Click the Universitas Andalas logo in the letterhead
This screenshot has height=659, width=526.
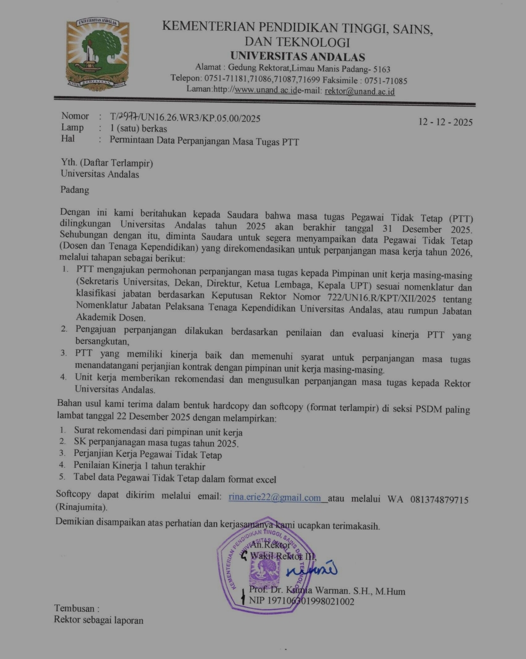pos(98,54)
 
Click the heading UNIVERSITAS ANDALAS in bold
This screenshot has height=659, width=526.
pos(298,56)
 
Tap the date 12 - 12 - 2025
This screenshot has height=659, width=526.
pos(445,122)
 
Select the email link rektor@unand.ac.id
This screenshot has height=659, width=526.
pos(359,91)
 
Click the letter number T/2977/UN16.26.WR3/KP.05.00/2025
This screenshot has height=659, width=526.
pos(185,117)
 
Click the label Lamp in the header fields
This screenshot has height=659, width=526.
pos(72,128)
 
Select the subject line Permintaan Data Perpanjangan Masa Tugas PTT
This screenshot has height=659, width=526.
pos(204,142)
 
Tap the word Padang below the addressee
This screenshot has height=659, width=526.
pos(75,190)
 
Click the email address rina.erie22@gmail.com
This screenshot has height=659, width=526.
pos(275,497)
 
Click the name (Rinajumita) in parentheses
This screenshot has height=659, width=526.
pos(81,508)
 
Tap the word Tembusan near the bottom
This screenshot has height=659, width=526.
pos(76,608)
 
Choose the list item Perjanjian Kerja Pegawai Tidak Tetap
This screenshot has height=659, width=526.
pos(148,454)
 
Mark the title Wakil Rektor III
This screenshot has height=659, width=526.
pos(283,556)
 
